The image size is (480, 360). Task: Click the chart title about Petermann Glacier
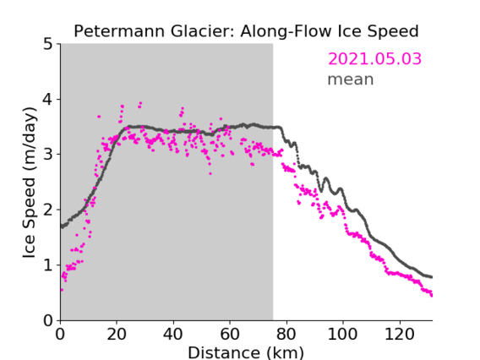point(246,31)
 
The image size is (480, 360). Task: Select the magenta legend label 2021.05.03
point(374,59)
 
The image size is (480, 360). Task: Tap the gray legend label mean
point(351,79)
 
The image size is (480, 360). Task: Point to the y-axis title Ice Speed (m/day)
point(30,183)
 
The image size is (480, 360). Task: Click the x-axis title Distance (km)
point(246,352)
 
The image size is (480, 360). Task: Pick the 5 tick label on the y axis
point(48,44)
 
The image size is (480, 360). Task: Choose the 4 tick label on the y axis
point(48,99)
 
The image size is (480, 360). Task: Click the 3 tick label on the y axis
point(48,155)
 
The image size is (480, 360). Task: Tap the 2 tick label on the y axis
point(48,210)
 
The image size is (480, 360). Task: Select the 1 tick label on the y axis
point(48,265)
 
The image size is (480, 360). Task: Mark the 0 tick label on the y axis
point(48,320)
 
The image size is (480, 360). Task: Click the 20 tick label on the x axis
point(117,334)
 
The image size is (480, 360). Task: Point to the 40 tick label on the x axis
point(173,334)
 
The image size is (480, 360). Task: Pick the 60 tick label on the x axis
point(230,334)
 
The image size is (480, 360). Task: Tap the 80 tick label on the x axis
point(286,334)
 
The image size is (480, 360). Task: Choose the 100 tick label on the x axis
point(343,334)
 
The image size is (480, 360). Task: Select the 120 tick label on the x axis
point(400,334)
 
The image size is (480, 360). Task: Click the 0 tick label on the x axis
point(60,334)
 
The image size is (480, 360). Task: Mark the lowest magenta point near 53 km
point(210,174)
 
